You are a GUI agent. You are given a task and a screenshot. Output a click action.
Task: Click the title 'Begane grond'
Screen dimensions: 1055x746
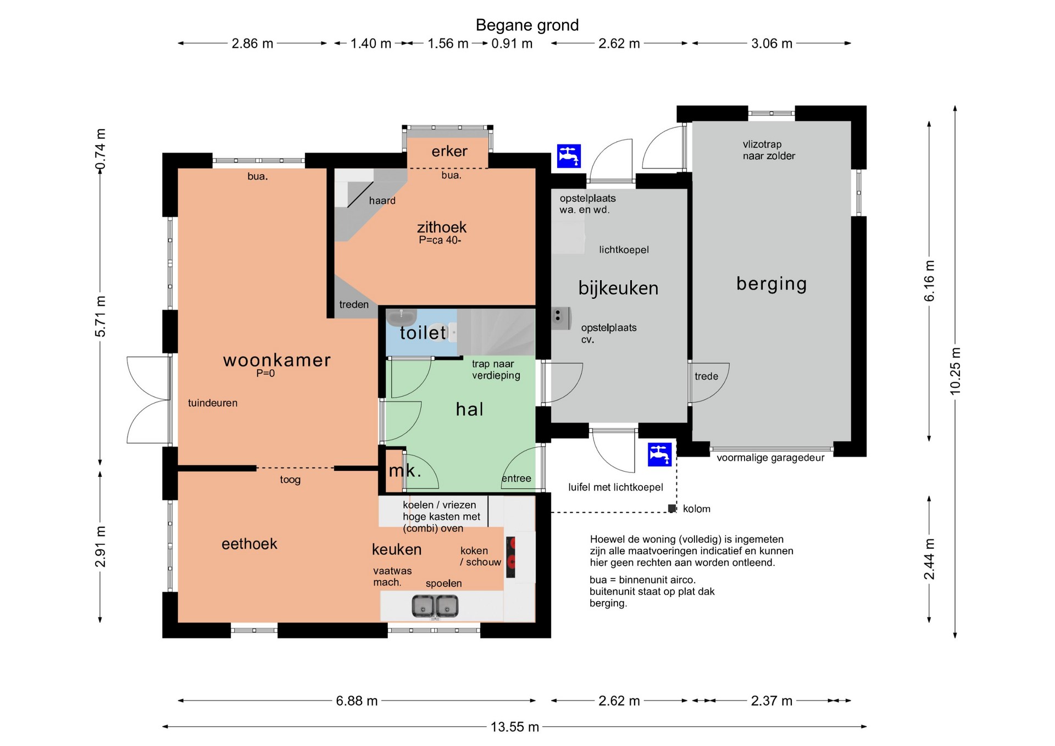527,25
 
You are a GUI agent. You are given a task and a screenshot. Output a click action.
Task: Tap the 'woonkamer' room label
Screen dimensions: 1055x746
277,360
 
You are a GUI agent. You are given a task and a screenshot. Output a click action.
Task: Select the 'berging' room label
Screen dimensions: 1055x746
771,284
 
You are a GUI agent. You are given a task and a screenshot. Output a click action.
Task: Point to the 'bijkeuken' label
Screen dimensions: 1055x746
618,288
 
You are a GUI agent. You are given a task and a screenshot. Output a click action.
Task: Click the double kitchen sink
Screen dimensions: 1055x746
435,606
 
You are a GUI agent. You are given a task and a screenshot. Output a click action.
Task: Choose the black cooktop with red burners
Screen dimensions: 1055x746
510,557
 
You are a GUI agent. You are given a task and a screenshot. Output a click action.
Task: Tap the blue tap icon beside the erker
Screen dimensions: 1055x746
569,156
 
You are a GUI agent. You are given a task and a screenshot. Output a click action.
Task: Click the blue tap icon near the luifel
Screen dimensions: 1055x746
659,454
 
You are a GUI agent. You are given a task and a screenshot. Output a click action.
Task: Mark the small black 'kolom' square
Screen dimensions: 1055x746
671,509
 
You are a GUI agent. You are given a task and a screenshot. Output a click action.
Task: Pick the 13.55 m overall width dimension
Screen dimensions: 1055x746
514,727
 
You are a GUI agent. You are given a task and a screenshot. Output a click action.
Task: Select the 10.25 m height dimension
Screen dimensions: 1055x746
955,371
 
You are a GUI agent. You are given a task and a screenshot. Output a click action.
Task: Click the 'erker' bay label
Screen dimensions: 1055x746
449,151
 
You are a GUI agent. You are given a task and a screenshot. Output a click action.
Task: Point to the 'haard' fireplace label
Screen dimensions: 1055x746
382,201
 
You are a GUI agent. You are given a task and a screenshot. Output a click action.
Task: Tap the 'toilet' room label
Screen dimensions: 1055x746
423,332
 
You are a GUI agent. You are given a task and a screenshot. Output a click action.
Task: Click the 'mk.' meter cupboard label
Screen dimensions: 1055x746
405,470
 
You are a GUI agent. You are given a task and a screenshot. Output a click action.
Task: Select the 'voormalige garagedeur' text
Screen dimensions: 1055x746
770,458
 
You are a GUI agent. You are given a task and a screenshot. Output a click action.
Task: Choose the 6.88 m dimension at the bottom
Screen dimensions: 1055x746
357,700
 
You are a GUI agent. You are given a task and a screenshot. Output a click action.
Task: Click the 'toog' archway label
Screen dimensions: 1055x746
290,480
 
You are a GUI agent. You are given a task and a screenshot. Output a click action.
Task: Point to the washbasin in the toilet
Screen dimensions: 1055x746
402,317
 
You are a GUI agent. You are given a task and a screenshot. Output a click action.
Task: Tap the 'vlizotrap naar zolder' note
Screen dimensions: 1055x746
769,150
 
